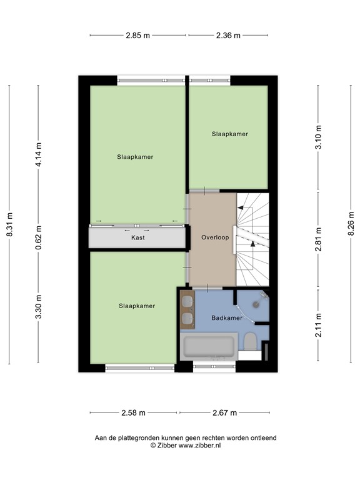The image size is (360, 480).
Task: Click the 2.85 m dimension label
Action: point(137,36)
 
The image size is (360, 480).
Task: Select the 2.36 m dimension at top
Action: point(228,36)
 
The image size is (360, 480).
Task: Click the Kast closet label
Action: point(138,238)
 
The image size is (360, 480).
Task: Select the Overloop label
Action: point(214,237)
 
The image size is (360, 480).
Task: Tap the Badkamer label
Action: point(226,317)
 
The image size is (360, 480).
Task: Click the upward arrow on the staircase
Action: point(252,244)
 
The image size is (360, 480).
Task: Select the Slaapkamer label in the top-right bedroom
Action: point(229,134)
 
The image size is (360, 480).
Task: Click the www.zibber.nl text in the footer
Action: point(200,446)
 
